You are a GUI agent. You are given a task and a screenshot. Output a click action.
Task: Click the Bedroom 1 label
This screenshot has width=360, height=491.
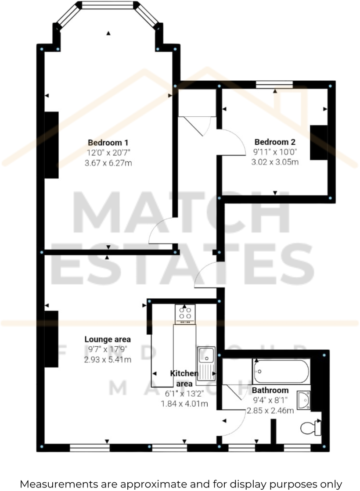pyautogui.click(x=108, y=143)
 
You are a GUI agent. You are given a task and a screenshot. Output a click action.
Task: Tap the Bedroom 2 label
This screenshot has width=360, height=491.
pyautogui.click(x=275, y=142)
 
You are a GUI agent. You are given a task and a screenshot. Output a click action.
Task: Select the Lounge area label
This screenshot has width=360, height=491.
pyautogui.click(x=108, y=339)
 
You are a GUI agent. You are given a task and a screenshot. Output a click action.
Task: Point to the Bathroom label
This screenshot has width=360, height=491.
pyautogui.click(x=270, y=390)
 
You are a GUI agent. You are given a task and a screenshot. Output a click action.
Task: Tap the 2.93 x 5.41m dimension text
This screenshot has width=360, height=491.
pyautogui.click(x=108, y=360)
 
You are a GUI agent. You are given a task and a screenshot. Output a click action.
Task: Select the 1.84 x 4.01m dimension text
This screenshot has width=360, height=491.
pyautogui.click(x=184, y=404)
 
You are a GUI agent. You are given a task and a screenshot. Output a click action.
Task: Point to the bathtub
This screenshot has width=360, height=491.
pyautogui.click(x=281, y=371)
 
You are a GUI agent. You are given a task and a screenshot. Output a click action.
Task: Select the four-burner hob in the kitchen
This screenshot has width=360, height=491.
pyautogui.click(x=185, y=313)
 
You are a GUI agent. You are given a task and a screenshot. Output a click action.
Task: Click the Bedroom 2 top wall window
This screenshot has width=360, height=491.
pyautogui.click(x=274, y=85)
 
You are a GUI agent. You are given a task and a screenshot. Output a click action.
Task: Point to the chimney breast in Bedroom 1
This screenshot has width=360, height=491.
pyautogui.click(x=51, y=145)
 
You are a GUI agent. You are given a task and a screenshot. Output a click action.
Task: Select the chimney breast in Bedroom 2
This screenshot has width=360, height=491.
pyautogui.click(x=319, y=143)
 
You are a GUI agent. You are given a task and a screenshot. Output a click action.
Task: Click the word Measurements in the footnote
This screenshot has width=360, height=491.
pyautogui.click(x=58, y=484)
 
